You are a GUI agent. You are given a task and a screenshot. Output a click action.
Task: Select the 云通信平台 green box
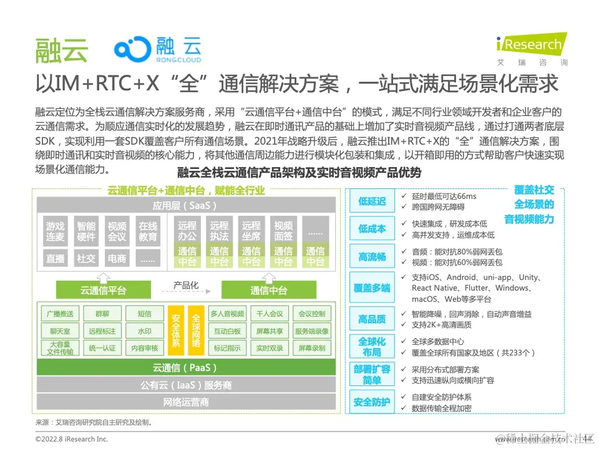pyautogui.click(x=104, y=290)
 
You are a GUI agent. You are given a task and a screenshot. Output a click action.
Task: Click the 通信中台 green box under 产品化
pyautogui.click(x=269, y=290)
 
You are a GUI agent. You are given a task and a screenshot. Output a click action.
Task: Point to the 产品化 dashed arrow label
pyautogui.click(x=186, y=285)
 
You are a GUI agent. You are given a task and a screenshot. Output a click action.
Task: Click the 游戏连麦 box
pyautogui.click(x=55, y=231)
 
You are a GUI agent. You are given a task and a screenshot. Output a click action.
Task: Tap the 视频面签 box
pyautogui.click(x=283, y=231)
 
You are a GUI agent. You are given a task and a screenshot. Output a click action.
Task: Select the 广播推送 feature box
pyautogui.click(x=60, y=314)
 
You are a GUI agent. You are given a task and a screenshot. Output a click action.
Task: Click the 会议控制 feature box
pyautogui.click(x=313, y=314)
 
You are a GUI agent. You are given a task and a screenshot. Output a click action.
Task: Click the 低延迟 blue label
pyautogui.click(x=372, y=201)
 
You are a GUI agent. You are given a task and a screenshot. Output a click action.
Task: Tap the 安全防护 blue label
pyautogui.click(x=372, y=402)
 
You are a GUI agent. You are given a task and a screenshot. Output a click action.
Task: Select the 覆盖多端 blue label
pyautogui.click(x=372, y=287)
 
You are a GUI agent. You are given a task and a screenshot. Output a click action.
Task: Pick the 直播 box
pyautogui.click(x=55, y=258)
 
